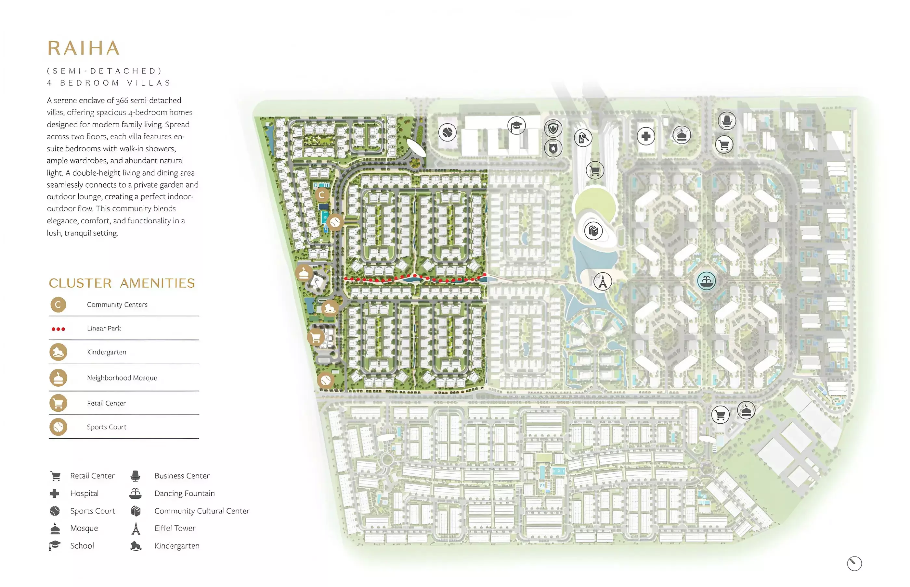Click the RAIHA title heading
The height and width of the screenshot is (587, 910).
coord(84,48)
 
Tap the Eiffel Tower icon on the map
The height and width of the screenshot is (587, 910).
coord(602,282)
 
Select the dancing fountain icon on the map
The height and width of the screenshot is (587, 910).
coord(706,281)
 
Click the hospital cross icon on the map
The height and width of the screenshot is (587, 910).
coord(645,136)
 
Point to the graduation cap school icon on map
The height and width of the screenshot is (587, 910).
coord(516,125)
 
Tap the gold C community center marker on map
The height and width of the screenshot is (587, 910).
coord(322,195)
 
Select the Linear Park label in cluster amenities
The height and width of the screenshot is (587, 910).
coord(104,328)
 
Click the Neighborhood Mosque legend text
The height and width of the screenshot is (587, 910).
coord(122,378)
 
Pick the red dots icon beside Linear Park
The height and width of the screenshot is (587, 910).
coord(58,329)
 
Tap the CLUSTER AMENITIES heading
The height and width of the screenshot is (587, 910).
coord(122,283)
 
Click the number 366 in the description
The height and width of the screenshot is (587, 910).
coord(122,101)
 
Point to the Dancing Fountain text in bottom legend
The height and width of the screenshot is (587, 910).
coord(184,493)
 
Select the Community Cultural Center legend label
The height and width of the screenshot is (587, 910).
coord(201,511)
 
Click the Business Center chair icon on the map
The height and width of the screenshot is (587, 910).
coord(726,121)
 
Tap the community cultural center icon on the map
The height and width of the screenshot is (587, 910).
coord(593,231)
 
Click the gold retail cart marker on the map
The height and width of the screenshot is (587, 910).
coord(316,337)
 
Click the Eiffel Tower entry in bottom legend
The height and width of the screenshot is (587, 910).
coord(175,528)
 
